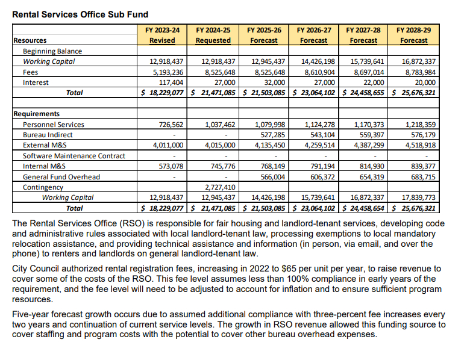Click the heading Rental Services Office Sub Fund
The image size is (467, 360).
[x=80, y=14]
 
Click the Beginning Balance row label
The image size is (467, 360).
[x=52, y=51]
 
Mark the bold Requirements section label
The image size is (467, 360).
[x=36, y=114]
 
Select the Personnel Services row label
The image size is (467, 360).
[x=54, y=125]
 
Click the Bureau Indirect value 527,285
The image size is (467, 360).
[x=269, y=135]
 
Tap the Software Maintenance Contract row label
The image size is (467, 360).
[x=74, y=156]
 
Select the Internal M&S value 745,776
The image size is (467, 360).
[x=219, y=166]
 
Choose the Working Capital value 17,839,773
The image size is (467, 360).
[x=415, y=197]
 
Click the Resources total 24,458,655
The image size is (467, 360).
[x=366, y=93]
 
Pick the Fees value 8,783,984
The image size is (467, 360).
[x=417, y=72]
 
